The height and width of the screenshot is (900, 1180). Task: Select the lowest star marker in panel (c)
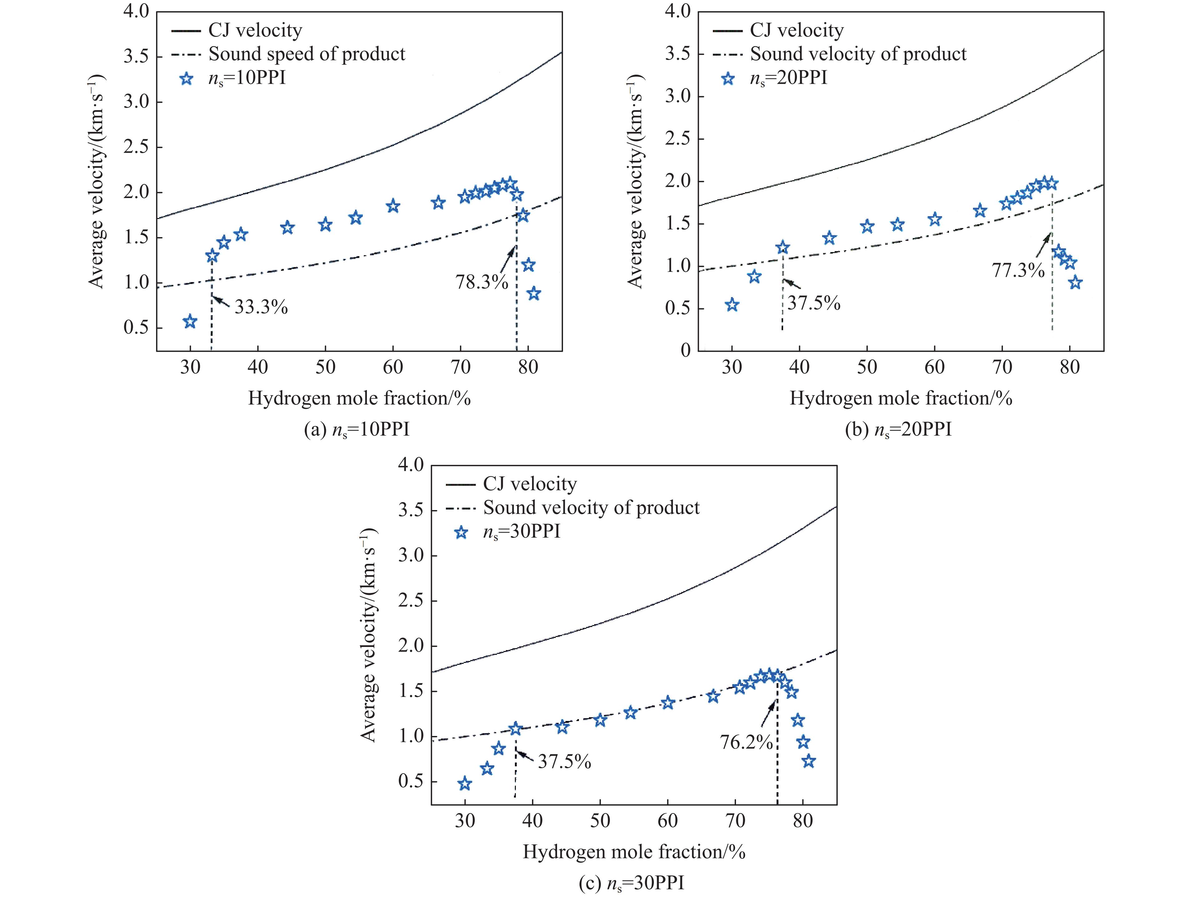[465, 784]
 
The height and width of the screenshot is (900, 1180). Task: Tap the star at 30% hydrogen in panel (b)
[732, 305]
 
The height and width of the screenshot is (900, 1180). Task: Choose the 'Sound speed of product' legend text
[307, 54]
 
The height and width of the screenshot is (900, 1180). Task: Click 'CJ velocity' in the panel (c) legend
[530, 484]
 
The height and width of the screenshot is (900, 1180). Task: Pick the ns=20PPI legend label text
[788, 78]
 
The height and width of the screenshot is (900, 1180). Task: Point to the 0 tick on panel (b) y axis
[686, 351]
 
